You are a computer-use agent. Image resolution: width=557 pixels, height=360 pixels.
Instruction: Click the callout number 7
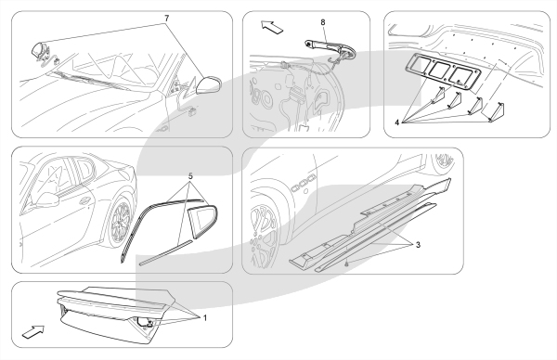pos(166,19)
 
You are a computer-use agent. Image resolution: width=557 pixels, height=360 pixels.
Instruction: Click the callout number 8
pos(323,22)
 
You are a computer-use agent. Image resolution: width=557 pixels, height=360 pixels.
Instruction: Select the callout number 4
pos(396,122)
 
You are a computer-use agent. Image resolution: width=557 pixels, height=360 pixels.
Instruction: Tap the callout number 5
pos(190,175)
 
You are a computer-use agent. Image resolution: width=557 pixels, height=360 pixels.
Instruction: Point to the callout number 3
pos(418,245)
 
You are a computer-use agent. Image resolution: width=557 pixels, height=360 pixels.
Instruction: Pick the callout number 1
pos(205,317)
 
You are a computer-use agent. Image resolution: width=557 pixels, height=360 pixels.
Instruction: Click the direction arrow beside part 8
pos(272,27)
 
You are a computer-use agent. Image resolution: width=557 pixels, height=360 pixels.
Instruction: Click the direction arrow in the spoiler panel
pos(33,332)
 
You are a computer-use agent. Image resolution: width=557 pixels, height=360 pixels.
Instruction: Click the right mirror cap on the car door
pos(209,84)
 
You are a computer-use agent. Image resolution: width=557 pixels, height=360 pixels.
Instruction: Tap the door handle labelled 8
pos(330,48)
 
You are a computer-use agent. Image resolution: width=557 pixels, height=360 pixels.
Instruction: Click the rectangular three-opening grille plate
pos(443,71)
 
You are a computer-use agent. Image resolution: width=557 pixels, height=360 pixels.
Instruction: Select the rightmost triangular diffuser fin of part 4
pos(494,112)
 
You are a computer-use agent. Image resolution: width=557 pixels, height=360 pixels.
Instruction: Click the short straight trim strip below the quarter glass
pos(166,252)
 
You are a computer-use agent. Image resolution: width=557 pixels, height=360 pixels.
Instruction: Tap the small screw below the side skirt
pos(347,264)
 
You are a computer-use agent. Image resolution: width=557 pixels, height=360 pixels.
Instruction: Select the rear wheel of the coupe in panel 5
pos(120,222)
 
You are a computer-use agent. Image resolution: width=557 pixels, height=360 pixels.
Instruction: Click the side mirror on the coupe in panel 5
pos(46,200)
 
